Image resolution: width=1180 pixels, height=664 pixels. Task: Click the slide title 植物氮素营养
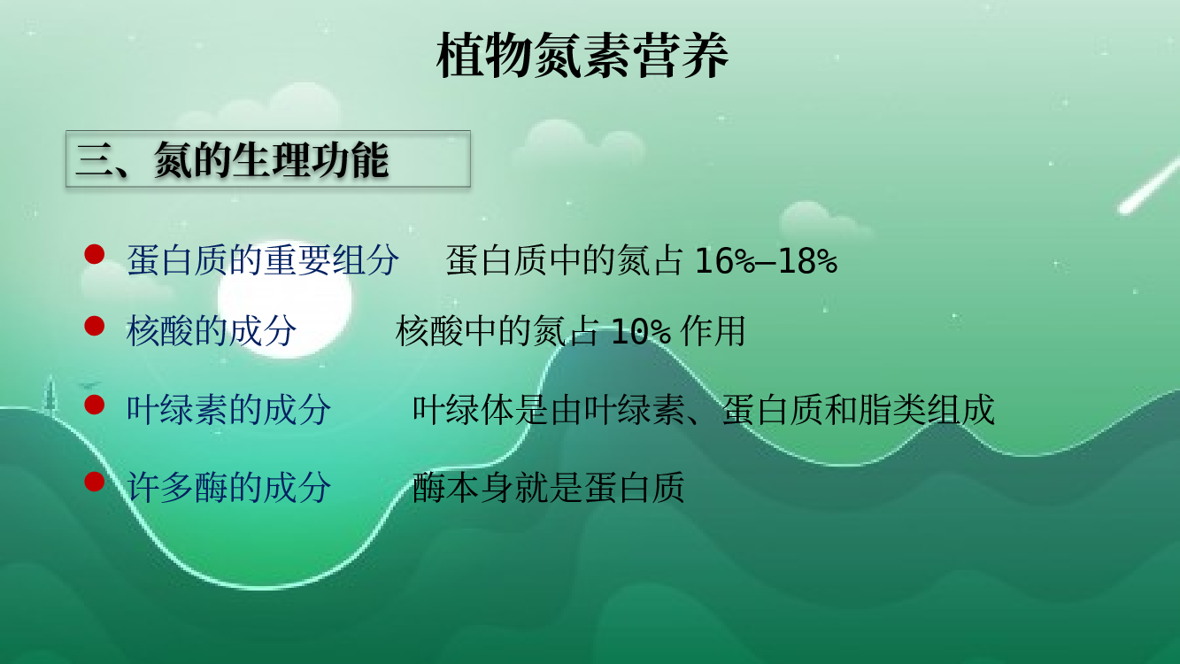(x=582, y=55)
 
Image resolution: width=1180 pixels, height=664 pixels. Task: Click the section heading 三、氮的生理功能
(x=232, y=159)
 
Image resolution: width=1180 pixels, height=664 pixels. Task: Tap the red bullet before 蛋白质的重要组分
(x=95, y=254)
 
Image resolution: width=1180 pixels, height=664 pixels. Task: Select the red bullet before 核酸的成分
(x=95, y=326)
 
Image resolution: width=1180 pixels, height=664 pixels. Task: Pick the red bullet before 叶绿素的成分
(x=95, y=405)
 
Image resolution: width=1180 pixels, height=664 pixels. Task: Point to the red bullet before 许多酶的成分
(x=95, y=482)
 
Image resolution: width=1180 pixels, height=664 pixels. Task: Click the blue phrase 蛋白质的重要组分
(x=262, y=259)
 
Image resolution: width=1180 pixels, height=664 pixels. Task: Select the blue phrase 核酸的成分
(x=212, y=331)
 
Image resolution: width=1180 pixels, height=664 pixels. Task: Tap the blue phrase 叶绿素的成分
(x=228, y=409)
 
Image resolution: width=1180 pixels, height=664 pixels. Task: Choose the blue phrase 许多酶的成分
(x=228, y=487)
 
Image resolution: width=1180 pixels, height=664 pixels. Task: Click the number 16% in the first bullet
(x=725, y=260)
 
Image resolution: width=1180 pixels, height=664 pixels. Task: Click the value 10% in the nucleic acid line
(x=641, y=332)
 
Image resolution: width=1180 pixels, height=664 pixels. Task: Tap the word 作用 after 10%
(x=713, y=331)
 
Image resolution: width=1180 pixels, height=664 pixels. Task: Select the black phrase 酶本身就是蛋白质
(x=548, y=487)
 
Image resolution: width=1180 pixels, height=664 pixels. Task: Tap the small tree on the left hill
(x=50, y=392)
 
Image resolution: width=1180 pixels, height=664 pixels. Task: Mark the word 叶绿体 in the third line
(x=463, y=409)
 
